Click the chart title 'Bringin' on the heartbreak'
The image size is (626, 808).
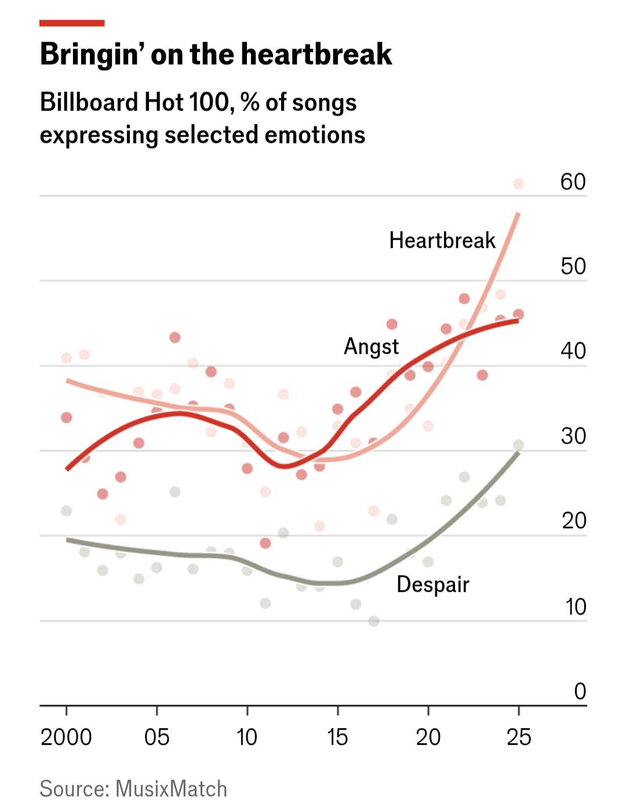[216, 54]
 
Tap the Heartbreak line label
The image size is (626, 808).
[442, 240]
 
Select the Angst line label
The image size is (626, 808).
[371, 346]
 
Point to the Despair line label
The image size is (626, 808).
[432, 584]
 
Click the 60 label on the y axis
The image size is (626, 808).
[573, 182]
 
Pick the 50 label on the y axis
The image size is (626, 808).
[573, 266]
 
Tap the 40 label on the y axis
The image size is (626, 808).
[573, 351]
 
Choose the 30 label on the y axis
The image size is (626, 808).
[573, 436]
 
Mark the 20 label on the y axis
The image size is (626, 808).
[573, 521]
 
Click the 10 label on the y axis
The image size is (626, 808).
[575, 606]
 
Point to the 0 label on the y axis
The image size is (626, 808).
[580, 691]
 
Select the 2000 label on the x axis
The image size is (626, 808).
[66, 737]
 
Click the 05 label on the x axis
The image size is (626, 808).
[156, 737]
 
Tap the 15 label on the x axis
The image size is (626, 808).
[337, 737]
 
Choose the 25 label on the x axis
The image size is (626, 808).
[518, 737]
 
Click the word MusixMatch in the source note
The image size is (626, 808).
[171, 789]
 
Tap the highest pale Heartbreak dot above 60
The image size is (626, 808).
[518, 184]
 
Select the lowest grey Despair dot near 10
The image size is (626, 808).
[374, 621]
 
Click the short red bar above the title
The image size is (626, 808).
[72, 23]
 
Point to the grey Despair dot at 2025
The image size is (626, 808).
[518, 445]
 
